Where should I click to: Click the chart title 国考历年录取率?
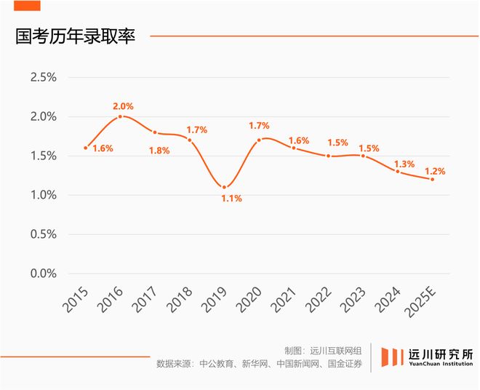pyautogui.click(x=76, y=36)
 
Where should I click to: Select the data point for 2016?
pyautogui.click(x=121, y=116)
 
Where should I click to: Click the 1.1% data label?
pyautogui.click(x=232, y=199)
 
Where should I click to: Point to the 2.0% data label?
pyautogui.click(x=124, y=106)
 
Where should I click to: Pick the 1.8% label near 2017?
pyautogui.click(x=159, y=151)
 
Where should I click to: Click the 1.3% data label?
pyautogui.click(x=406, y=164)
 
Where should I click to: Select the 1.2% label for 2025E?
pyautogui.click(x=435, y=172)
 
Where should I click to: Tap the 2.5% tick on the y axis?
pyautogui.click(x=42, y=77)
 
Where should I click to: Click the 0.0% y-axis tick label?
pyautogui.click(x=42, y=274)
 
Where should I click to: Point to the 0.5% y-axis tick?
pyautogui.click(x=42, y=234)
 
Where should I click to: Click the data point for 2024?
pyautogui.click(x=398, y=171)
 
